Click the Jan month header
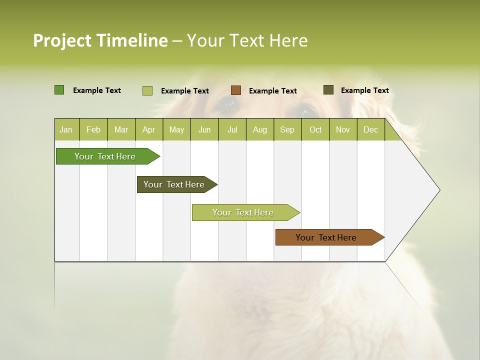tap(66, 130)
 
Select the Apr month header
tap(148, 130)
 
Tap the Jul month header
tap(232, 130)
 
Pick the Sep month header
tap(287, 130)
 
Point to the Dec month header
tap(370, 130)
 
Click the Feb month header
tap(93, 130)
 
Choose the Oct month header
tap(315, 130)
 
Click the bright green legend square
tap(59, 90)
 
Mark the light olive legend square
tap(147, 90)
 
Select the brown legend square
tap(236, 90)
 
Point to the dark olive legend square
tap(328, 90)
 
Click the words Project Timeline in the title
tap(100, 40)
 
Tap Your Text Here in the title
tap(247, 40)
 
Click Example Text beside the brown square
tap(272, 91)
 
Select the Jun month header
tap(204, 130)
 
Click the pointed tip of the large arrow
tap(438, 190)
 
